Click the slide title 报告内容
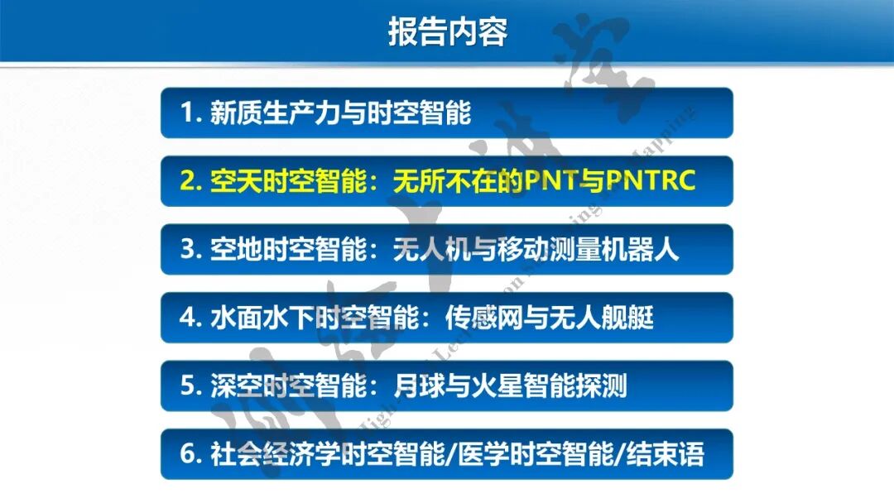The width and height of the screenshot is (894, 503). point(447,31)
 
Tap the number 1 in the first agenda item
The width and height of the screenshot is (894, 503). point(186,113)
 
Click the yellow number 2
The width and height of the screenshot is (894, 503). point(187,181)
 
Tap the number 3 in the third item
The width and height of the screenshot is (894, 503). point(187,249)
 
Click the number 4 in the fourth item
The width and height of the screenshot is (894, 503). point(187,317)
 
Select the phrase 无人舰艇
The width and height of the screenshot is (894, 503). point(602,317)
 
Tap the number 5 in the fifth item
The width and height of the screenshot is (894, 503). point(187,386)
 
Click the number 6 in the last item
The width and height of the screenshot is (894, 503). point(187,453)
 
